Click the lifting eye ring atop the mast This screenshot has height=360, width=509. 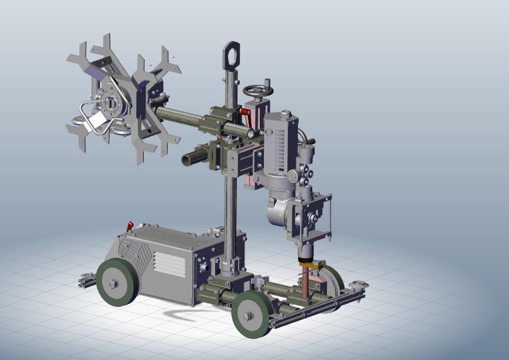point(231,55)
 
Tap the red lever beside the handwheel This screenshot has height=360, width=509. point(246,113)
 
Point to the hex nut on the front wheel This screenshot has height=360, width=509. point(249,316)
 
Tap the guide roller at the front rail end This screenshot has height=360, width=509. point(358,286)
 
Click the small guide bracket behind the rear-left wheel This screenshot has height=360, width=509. point(87,281)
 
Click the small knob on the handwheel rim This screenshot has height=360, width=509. point(266,81)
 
